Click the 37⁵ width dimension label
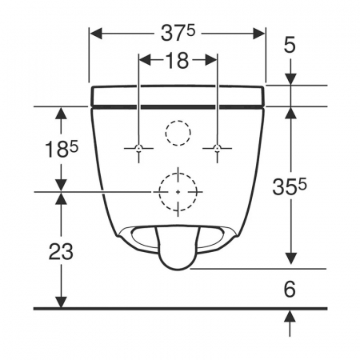178,34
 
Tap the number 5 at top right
290,45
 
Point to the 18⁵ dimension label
62,149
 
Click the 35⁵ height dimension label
290,186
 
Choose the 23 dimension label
61,251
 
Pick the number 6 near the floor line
290,290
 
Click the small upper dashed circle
178,120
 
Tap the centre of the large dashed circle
178,192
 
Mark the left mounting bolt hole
138,148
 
